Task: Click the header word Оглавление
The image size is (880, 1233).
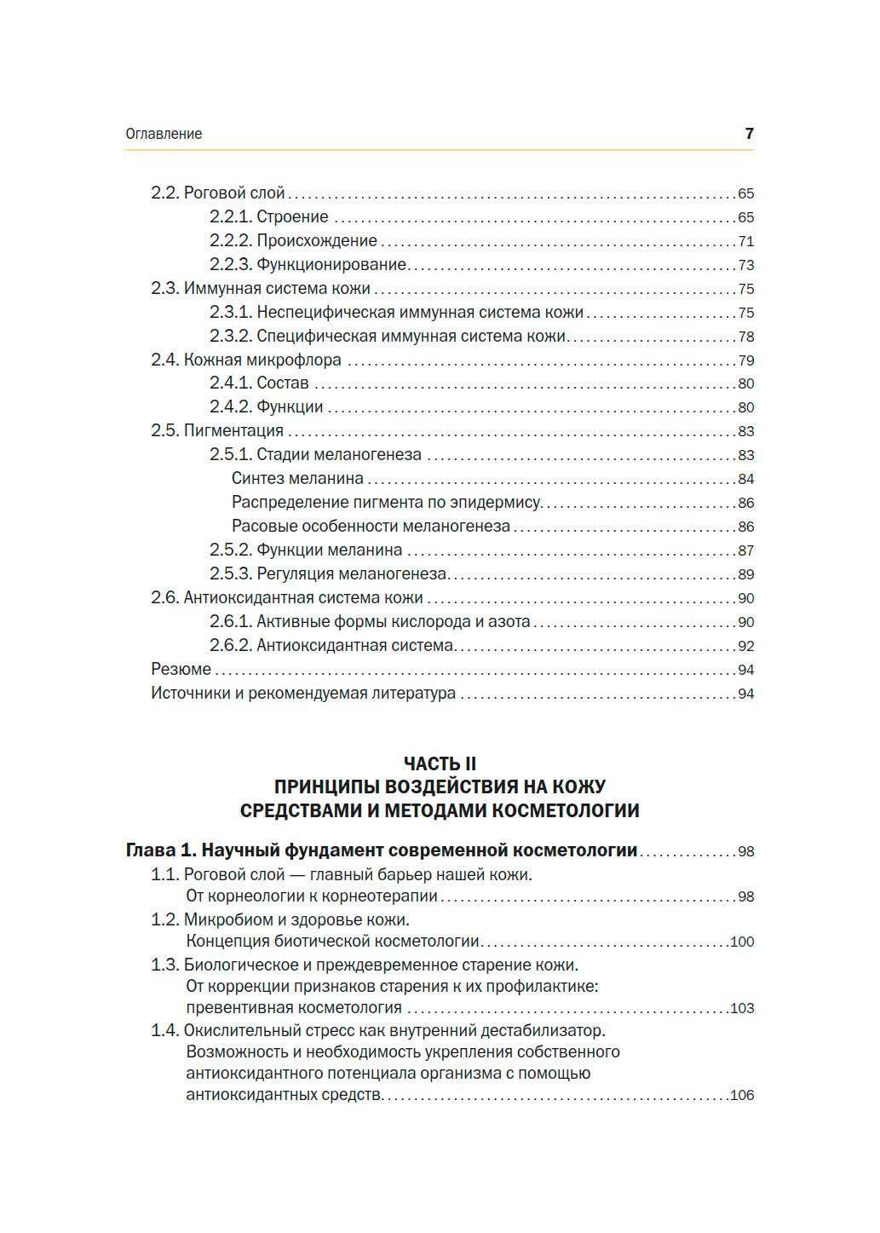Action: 164,134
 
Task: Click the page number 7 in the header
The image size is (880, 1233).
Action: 749,134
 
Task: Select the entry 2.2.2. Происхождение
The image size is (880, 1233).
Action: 293,241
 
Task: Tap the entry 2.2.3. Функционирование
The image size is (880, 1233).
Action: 308,265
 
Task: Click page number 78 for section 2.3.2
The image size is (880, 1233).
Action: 745,337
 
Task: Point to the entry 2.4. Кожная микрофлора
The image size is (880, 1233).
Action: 246,360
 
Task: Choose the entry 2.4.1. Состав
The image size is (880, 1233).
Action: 259,383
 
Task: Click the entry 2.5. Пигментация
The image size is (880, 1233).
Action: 217,431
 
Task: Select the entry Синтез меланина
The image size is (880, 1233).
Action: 297,479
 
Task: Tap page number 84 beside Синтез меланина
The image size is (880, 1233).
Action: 745,479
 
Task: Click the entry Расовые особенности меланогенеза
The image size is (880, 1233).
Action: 371,527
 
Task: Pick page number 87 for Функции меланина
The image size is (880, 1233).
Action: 745,550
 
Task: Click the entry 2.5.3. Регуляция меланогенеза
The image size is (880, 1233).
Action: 328,574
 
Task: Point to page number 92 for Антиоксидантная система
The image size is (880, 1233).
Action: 745,646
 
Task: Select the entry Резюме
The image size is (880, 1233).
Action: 181,670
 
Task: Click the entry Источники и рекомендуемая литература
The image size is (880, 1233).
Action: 303,694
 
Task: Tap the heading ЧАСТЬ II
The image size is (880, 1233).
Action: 440,763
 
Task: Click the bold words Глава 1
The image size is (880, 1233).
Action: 161,850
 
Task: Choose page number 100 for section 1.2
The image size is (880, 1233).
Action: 742,942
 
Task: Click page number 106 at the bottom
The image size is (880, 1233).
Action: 742,1095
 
